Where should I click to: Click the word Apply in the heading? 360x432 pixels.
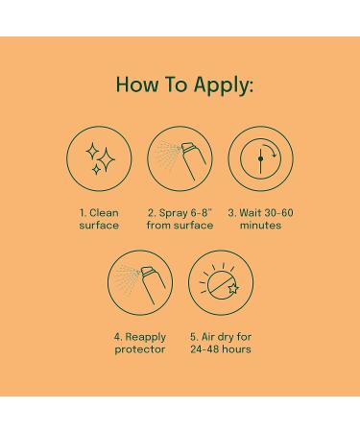(x=223, y=85)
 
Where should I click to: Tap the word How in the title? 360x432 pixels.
(x=136, y=84)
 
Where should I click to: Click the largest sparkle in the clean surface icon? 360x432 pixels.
(x=107, y=159)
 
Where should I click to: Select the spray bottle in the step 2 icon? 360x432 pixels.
(x=194, y=161)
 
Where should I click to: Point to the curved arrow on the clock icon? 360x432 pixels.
(x=274, y=151)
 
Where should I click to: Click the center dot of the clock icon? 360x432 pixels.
(x=260, y=158)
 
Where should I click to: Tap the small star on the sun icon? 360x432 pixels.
(x=233, y=289)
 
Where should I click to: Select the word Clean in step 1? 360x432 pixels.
(x=104, y=213)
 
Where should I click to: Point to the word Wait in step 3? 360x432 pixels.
(x=251, y=213)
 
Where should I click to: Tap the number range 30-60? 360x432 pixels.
(x=278, y=213)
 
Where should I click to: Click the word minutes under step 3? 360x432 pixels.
(x=260, y=226)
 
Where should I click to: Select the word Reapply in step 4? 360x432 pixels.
(x=145, y=337)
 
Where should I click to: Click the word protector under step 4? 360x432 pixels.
(x=140, y=349)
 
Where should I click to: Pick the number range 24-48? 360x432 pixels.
(x=204, y=349)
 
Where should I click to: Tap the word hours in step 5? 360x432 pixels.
(x=236, y=349)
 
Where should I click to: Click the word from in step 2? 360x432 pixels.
(x=158, y=226)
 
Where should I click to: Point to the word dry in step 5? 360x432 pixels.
(x=224, y=337)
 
